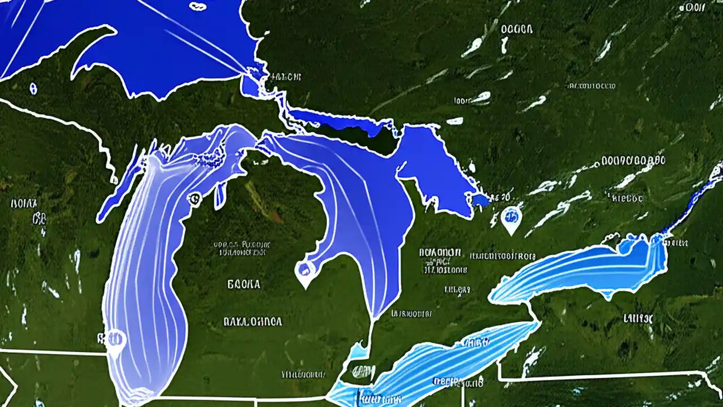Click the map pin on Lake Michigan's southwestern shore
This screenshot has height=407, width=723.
115,340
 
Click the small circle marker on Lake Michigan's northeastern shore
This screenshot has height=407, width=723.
194,198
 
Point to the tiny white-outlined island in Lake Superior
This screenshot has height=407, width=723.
198,7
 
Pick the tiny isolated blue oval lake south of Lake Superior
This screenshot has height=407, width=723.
33,88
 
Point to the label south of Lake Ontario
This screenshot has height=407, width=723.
638,318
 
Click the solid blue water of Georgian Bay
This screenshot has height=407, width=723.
435,170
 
